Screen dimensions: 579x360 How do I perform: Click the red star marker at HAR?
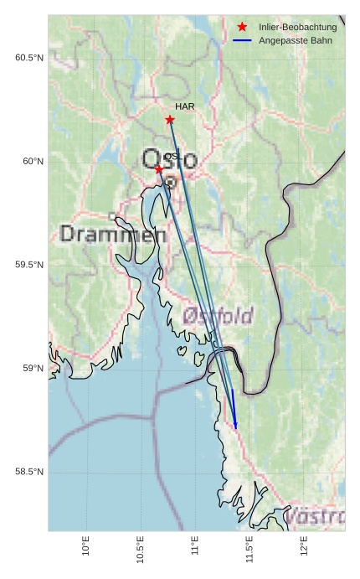click(x=170, y=120)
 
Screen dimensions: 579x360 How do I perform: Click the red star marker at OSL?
click(x=159, y=170)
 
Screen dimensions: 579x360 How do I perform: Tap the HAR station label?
click(x=185, y=107)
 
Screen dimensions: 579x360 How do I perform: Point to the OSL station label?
click(x=172, y=157)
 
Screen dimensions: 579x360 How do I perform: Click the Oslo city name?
click(x=170, y=159)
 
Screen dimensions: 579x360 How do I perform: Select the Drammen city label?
click(x=114, y=235)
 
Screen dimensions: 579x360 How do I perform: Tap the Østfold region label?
click(x=218, y=316)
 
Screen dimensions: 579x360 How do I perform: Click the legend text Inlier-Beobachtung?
click(x=297, y=28)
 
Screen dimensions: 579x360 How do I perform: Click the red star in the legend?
click(x=242, y=28)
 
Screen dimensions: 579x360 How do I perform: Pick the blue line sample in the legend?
click(x=242, y=40)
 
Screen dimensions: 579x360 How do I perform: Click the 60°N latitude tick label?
click(x=33, y=162)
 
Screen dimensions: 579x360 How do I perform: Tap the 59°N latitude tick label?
click(x=33, y=369)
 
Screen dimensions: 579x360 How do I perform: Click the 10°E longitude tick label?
click(x=86, y=546)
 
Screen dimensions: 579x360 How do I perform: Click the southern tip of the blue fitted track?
click(x=236, y=428)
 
